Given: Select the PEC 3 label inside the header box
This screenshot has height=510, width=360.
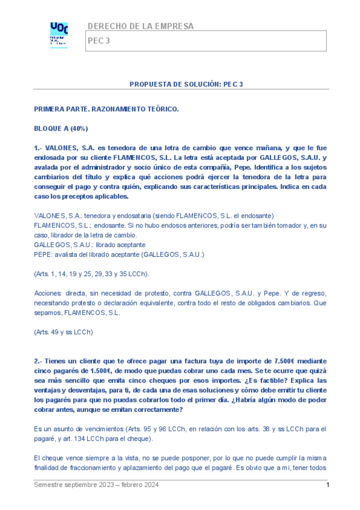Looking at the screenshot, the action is click(99, 41).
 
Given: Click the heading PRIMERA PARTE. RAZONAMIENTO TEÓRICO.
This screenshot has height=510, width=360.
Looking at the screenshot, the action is click(106, 110).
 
